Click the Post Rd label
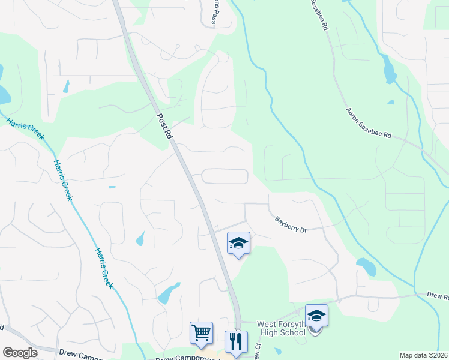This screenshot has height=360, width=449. point(164,126)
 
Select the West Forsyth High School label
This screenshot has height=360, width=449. point(282,328)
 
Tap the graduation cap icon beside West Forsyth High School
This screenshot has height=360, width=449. point(316,315)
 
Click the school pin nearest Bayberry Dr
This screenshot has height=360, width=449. point(238,244)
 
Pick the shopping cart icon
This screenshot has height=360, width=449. point(201,332)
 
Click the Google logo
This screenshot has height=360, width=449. point(20,352)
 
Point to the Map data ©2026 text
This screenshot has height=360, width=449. point(424,355)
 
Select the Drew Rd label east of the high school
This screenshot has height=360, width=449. point(436,296)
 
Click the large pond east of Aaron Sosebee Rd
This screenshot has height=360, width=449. point(388,70)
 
